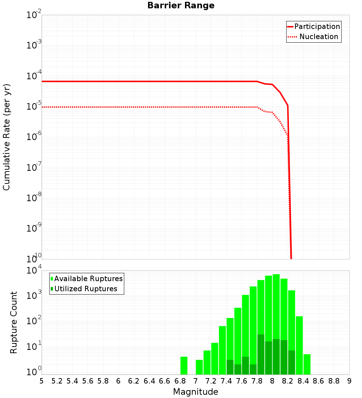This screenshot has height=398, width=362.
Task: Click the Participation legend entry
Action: click(x=317, y=26)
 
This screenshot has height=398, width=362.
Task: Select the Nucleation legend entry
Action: click(x=319, y=37)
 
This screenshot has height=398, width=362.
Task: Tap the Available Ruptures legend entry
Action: click(x=88, y=279)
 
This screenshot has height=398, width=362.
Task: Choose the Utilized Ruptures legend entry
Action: click(x=85, y=289)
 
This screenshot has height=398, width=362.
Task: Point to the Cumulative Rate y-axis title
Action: click(x=7, y=137)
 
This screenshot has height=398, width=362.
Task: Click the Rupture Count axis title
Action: click(x=14, y=322)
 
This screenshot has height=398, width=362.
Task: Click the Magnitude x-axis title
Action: click(x=195, y=392)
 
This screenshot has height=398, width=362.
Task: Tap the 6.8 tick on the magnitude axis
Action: click(x=180, y=381)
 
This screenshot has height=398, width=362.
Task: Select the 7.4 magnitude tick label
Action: click(x=226, y=381)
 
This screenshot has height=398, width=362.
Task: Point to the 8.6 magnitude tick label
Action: click(x=319, y=381)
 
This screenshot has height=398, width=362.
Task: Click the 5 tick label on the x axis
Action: click(x=42, y=381)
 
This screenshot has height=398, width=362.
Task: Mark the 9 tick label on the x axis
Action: click(x=349, y=381)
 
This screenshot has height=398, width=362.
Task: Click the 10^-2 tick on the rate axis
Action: click(x=34, y=16)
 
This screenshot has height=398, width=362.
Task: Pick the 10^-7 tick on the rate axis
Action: click(x=34, y=168)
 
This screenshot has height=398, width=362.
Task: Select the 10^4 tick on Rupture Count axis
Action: click(x=34, y=271)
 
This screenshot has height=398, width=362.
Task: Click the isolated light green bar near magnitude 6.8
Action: click(x=184, y=365)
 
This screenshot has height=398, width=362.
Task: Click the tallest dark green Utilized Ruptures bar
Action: click(x=261, y=355)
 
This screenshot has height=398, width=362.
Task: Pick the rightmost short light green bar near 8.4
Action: click(x=307, y=364)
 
